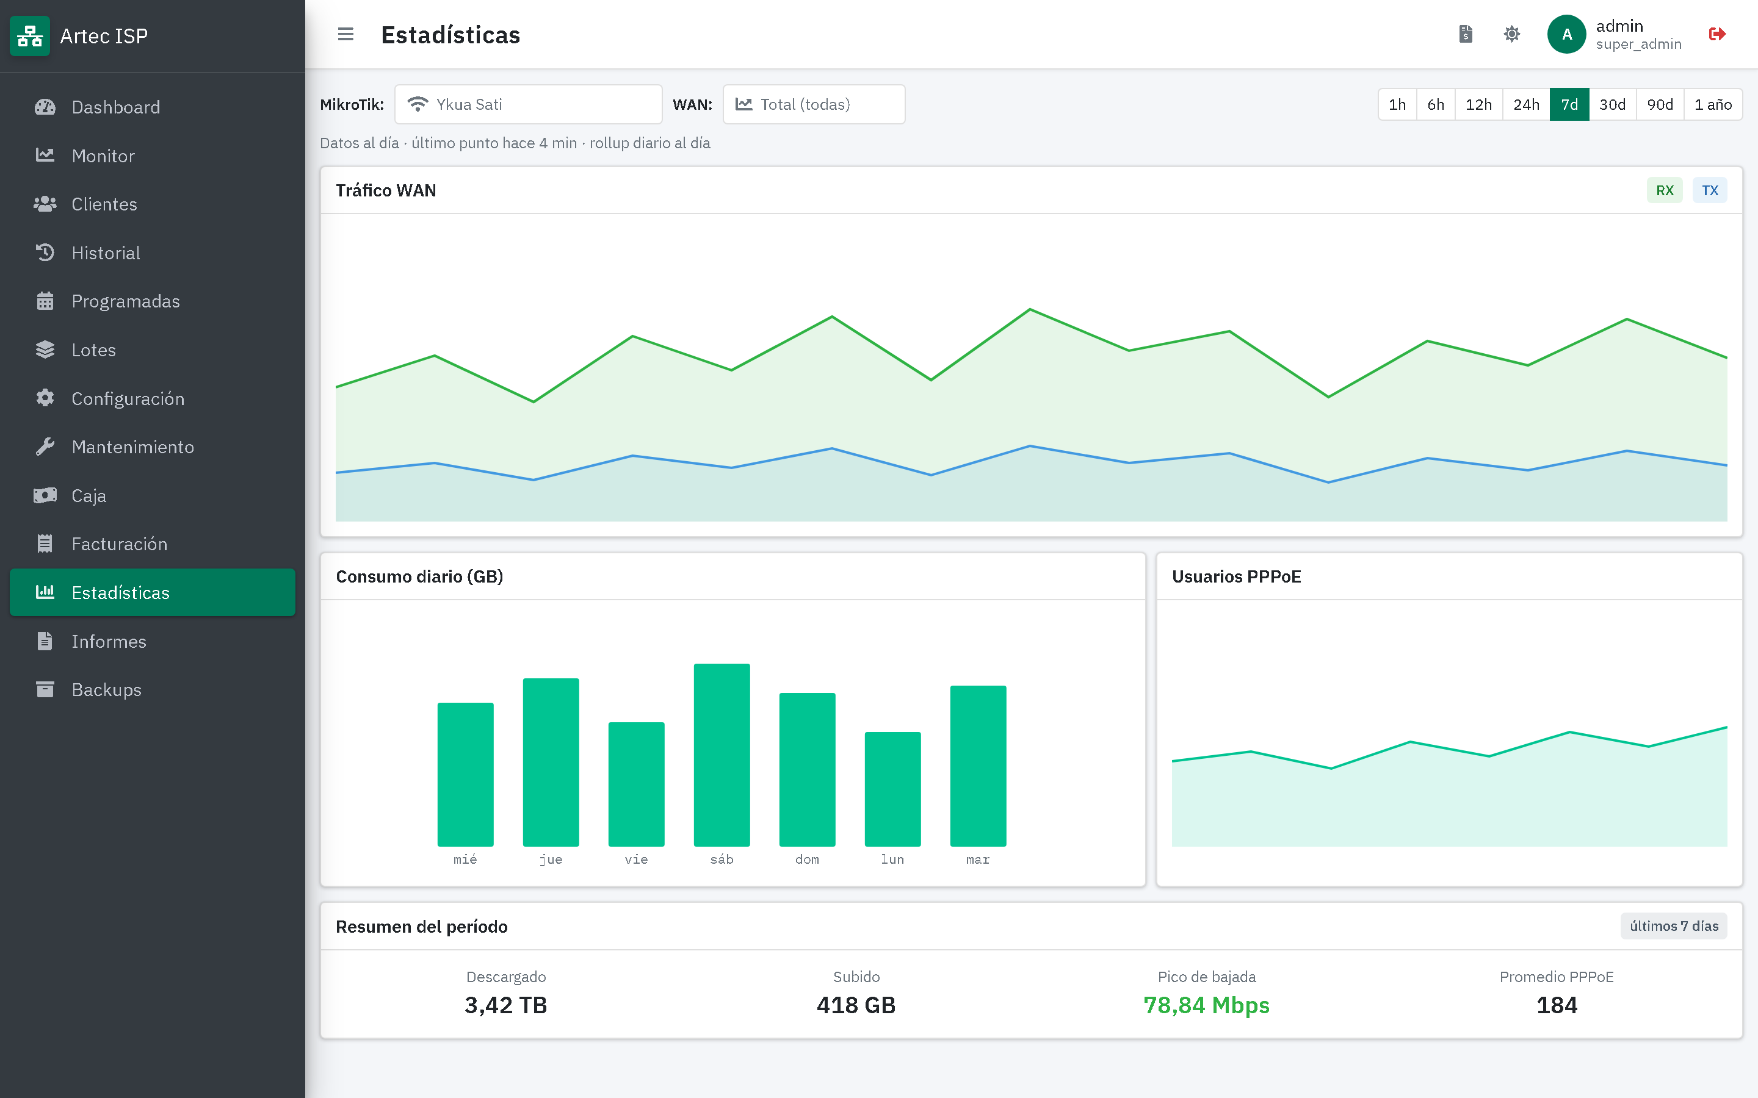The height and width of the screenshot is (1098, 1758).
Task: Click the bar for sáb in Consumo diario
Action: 722,755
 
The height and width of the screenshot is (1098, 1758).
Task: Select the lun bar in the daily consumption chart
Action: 892,789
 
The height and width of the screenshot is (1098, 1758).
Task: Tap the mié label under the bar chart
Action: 465,859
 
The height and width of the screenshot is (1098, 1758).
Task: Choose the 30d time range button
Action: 1612,104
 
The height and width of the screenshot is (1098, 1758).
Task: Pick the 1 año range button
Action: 1712,104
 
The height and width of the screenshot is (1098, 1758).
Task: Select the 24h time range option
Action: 1525,104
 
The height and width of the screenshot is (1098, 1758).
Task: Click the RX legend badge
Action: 1664,190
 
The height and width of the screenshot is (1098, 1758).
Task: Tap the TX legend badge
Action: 1709,190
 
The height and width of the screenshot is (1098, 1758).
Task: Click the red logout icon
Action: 1716,34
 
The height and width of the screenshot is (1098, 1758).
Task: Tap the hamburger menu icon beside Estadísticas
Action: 345,34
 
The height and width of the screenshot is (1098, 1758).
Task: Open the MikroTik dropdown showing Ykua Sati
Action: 528,104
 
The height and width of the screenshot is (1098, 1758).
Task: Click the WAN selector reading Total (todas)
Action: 814,104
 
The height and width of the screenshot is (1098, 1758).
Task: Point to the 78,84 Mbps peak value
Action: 1206,1005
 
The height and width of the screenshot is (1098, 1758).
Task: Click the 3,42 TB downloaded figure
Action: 505,1005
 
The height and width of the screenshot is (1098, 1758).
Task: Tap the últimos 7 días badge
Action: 1674,926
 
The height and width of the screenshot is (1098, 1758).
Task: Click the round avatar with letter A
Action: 1566,34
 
